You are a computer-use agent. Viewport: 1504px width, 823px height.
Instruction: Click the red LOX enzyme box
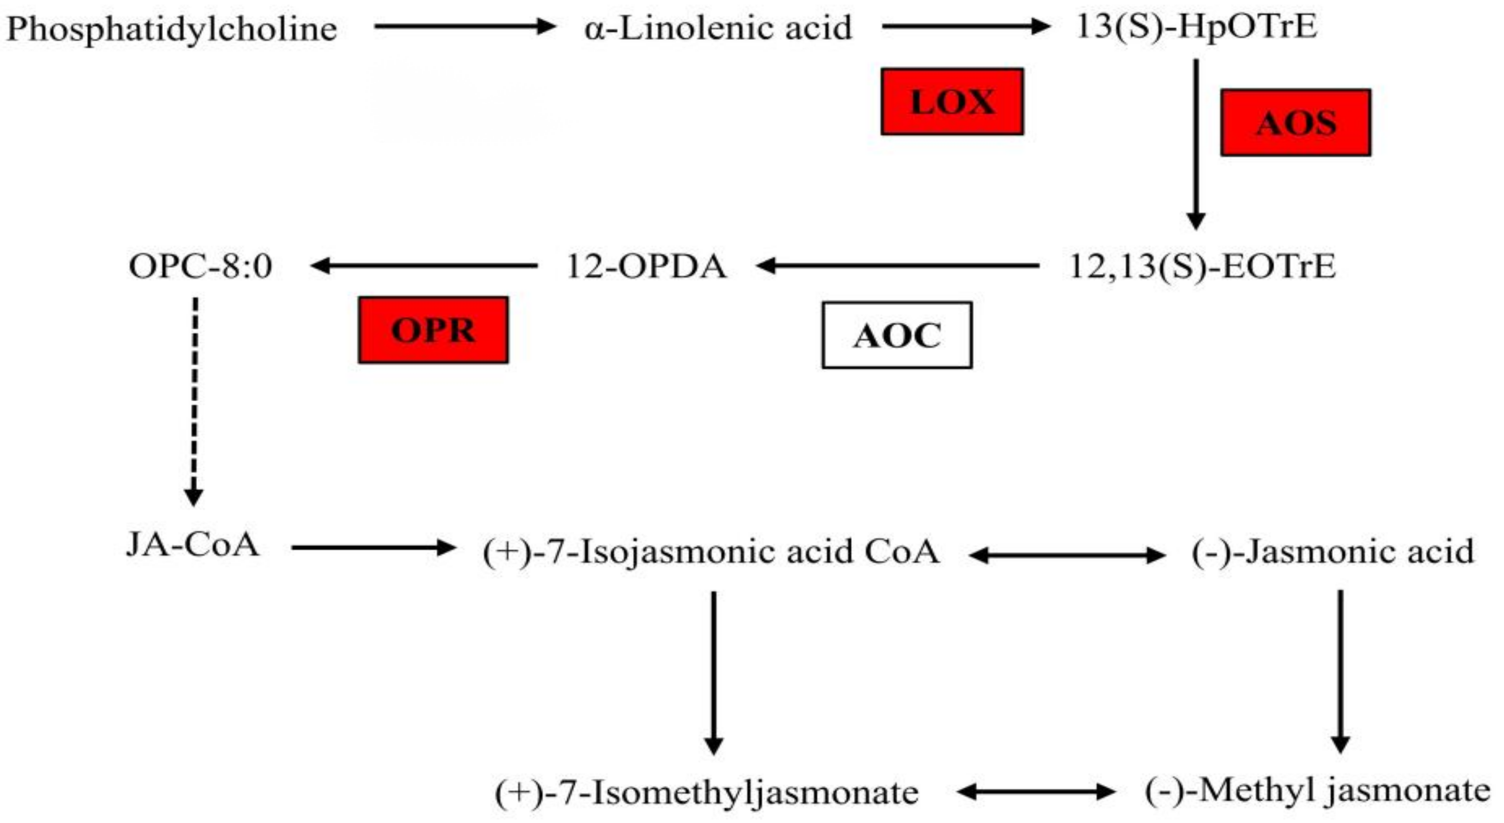pyautogui.click(x=952, y=101)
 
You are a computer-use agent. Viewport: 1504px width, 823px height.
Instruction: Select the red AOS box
pyautogui.click(x=1295, y=123)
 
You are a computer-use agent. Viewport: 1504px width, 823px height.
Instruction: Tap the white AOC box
pyautogui.click(x=897, y=335)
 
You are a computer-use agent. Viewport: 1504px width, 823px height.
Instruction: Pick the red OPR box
pyautogui.click(x=433, y=330)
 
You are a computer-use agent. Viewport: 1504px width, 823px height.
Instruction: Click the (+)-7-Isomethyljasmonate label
pyautogui.click(x=706, y=792)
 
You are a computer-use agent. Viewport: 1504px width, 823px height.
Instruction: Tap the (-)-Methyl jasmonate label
pyautogui.click(x=1317, y=791)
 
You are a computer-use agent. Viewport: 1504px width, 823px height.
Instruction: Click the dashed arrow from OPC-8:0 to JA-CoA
pyautogui.click(x=194, y=403)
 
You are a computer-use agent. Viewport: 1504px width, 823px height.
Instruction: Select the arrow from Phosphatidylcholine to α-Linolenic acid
pyautogui.click(x=464, y=26)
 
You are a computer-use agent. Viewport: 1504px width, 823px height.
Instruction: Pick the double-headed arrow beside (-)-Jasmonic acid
pyautogui.click(x=1066, y=555)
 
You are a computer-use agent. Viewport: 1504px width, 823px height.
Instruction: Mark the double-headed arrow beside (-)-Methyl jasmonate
pyautogui.click(x=1036, y=792)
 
